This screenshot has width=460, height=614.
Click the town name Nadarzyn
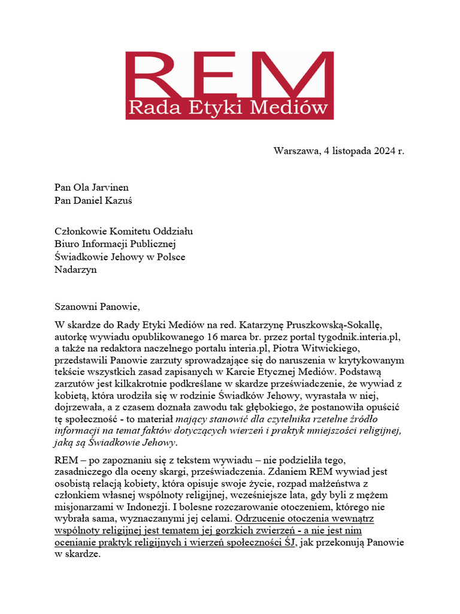(x=75, y=270)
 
